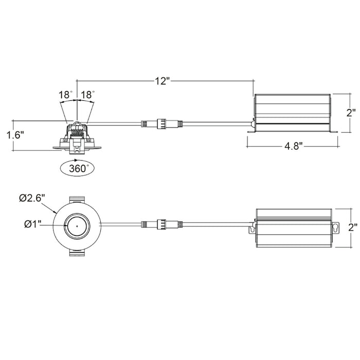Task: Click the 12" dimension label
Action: point(161,81)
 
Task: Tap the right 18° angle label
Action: point(88,95)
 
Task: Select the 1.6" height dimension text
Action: point(15,135)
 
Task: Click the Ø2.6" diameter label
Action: point(32,197)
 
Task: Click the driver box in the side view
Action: point(291,112)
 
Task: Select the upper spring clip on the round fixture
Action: point(76,199)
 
